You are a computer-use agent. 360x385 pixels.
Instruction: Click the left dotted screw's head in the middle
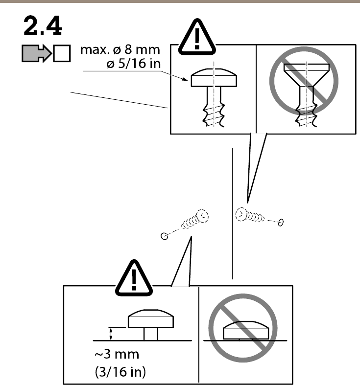(201, 216)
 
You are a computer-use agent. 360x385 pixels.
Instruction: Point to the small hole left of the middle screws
(165, 236)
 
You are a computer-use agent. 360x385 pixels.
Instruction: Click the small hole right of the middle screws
(281, 223)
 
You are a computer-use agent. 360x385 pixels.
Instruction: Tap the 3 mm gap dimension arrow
(111, 334)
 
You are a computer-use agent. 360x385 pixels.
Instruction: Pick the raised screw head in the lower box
(150, 320)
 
